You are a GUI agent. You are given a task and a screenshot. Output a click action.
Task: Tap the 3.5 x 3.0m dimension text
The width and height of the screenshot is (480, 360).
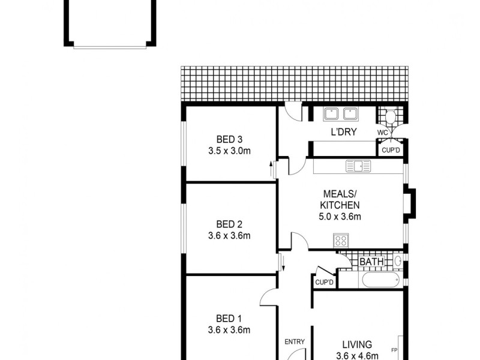229,151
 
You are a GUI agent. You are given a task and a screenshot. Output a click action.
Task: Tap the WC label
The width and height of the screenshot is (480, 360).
382,132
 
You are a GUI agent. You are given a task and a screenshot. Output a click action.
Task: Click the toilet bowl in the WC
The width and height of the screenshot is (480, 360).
391,116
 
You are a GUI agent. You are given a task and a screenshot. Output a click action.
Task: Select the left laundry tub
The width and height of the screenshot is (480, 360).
332,113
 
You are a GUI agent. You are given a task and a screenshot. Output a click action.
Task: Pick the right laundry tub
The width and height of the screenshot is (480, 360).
350,113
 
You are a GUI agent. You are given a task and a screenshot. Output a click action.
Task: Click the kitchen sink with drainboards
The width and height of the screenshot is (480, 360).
358,166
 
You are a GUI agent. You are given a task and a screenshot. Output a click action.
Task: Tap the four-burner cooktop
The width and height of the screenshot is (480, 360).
341,241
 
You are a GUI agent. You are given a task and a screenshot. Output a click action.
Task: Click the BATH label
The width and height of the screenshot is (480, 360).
371,262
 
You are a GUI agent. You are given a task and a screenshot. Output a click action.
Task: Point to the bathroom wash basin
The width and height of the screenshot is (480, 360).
398,262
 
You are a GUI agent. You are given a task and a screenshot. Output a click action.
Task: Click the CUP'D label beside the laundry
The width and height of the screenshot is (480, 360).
391,150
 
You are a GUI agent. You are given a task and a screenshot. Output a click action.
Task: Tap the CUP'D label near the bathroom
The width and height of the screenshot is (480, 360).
324,282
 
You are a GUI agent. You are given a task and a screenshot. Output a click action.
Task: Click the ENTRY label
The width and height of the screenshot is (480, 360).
295,342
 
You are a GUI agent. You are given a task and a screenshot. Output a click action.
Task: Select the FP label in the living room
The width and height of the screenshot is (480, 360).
395,350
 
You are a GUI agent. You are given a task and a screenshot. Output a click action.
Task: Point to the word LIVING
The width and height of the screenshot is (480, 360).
357,344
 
